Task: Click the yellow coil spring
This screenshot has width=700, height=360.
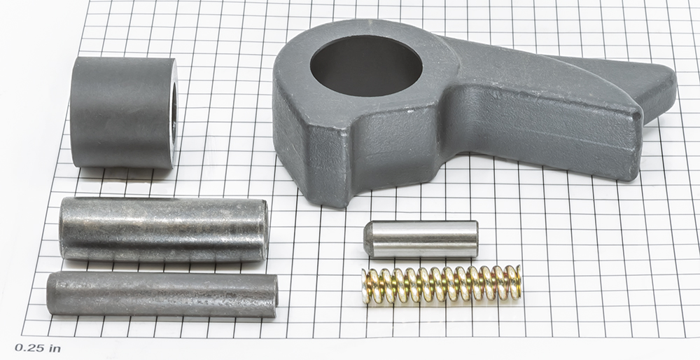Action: click(441, 284)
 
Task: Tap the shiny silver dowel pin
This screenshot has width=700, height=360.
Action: click(421, 239)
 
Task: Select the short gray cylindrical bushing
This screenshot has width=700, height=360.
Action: click(124, 113)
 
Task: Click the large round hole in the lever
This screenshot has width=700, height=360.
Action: click(366, 65)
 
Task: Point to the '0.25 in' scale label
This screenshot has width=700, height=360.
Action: click(38, 348)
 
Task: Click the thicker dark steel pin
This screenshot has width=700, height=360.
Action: click(164, 229)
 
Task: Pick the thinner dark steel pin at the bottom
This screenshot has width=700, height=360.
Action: click(162, 294)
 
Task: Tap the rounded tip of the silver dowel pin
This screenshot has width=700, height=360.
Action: click(367, 240)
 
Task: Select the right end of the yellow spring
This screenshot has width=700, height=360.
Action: click(517, 282)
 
